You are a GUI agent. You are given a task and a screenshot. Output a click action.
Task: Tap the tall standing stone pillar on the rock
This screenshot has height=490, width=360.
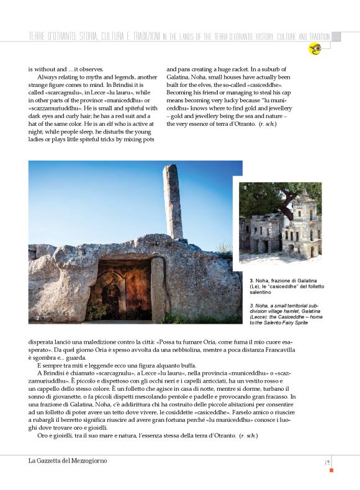point(173,202)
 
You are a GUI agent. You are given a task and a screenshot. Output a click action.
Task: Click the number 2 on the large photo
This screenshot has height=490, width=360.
point(38,318)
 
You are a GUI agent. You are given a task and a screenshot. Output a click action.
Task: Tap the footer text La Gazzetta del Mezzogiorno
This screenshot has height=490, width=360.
point(68,460)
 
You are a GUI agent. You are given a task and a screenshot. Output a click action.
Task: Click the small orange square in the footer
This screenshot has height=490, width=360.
point(331,470)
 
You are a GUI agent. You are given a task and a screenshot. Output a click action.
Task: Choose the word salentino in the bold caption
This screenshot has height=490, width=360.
point(261,292)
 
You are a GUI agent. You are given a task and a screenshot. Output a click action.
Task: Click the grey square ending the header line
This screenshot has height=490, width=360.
point(336,36)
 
